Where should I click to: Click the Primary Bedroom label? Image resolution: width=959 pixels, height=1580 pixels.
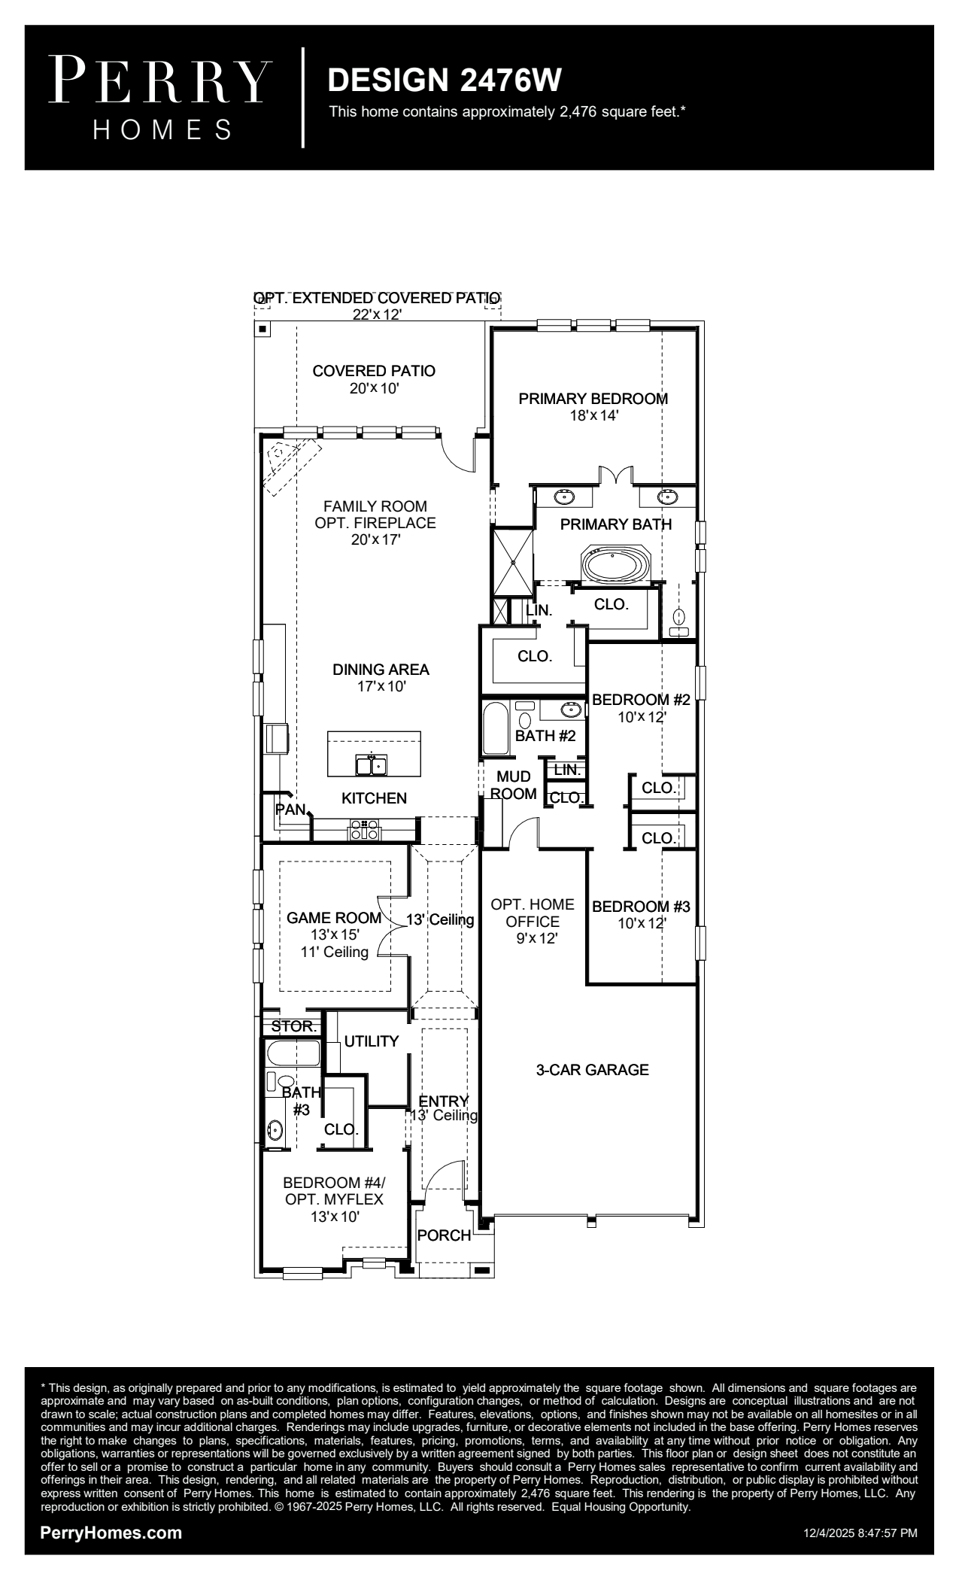coord(593,399)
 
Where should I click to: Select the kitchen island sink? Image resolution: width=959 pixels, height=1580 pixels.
coord(371,764)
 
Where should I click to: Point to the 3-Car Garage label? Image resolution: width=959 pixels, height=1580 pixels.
coord(592,1069)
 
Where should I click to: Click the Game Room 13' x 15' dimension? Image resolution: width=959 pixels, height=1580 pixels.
coord(335,934)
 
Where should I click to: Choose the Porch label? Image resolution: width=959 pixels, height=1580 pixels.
coord(444,1235)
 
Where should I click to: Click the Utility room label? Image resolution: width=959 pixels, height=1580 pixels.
coord(372,1041)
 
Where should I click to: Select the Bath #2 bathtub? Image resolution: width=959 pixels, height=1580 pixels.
coord(495,728)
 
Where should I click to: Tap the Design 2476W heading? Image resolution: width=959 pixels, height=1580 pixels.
coord(445,81)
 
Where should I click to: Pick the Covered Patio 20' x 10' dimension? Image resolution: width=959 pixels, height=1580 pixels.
coord(374,389)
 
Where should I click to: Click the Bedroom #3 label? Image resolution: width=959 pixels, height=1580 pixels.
coord(641,907)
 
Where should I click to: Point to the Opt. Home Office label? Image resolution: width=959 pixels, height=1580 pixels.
coord(533,913)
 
